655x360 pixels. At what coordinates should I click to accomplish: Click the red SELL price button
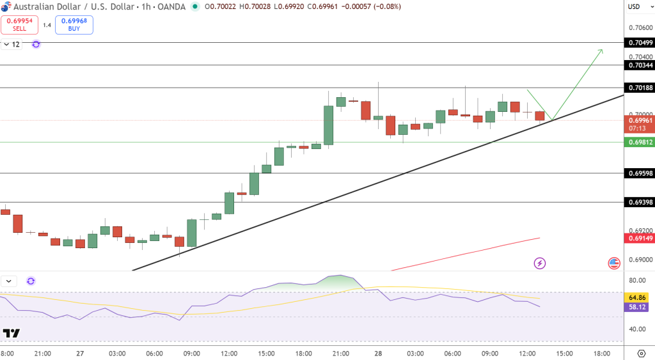pyautogui.click(x=19, y=25)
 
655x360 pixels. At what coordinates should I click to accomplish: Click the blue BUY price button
pyautogui.click(x=74, y=25)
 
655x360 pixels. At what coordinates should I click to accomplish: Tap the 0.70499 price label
pyautogui.click(x=640, y=43)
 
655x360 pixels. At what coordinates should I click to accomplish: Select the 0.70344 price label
pyautogui.click(x=640, y=65)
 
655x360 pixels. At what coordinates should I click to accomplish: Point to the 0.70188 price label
pyautogui.click(x=640, y=88)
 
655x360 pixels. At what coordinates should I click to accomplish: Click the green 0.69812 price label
pyautogui.click(x=640, y=142)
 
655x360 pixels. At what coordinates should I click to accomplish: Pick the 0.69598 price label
pyautogui.click(x=640, y=173)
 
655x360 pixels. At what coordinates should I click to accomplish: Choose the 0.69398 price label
pyautogui.click(x=640, y=202)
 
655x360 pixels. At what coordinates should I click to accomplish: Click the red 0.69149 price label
pyautogui.click(x=640, y=239)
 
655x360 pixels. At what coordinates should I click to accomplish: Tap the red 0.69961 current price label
pyautogui.click(x=640, y=120)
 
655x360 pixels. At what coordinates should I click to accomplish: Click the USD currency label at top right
pyautogui.click(x=634, y=7)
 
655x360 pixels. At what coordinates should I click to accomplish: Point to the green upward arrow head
pyautogui.click(x=601, y=50)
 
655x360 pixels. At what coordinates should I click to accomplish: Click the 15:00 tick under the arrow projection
pyautogui.click(x=564, y=353)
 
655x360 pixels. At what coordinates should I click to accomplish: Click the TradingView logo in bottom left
pyautogui.click(x=11, y=333)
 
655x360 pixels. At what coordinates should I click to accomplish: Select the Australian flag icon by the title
pyautogui.click(x=7, y=6)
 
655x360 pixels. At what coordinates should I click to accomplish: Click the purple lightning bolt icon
pyautogui.click(x=540, y=263)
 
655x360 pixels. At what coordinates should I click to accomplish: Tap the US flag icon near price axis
pyautogui.click(x=614, y=263)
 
